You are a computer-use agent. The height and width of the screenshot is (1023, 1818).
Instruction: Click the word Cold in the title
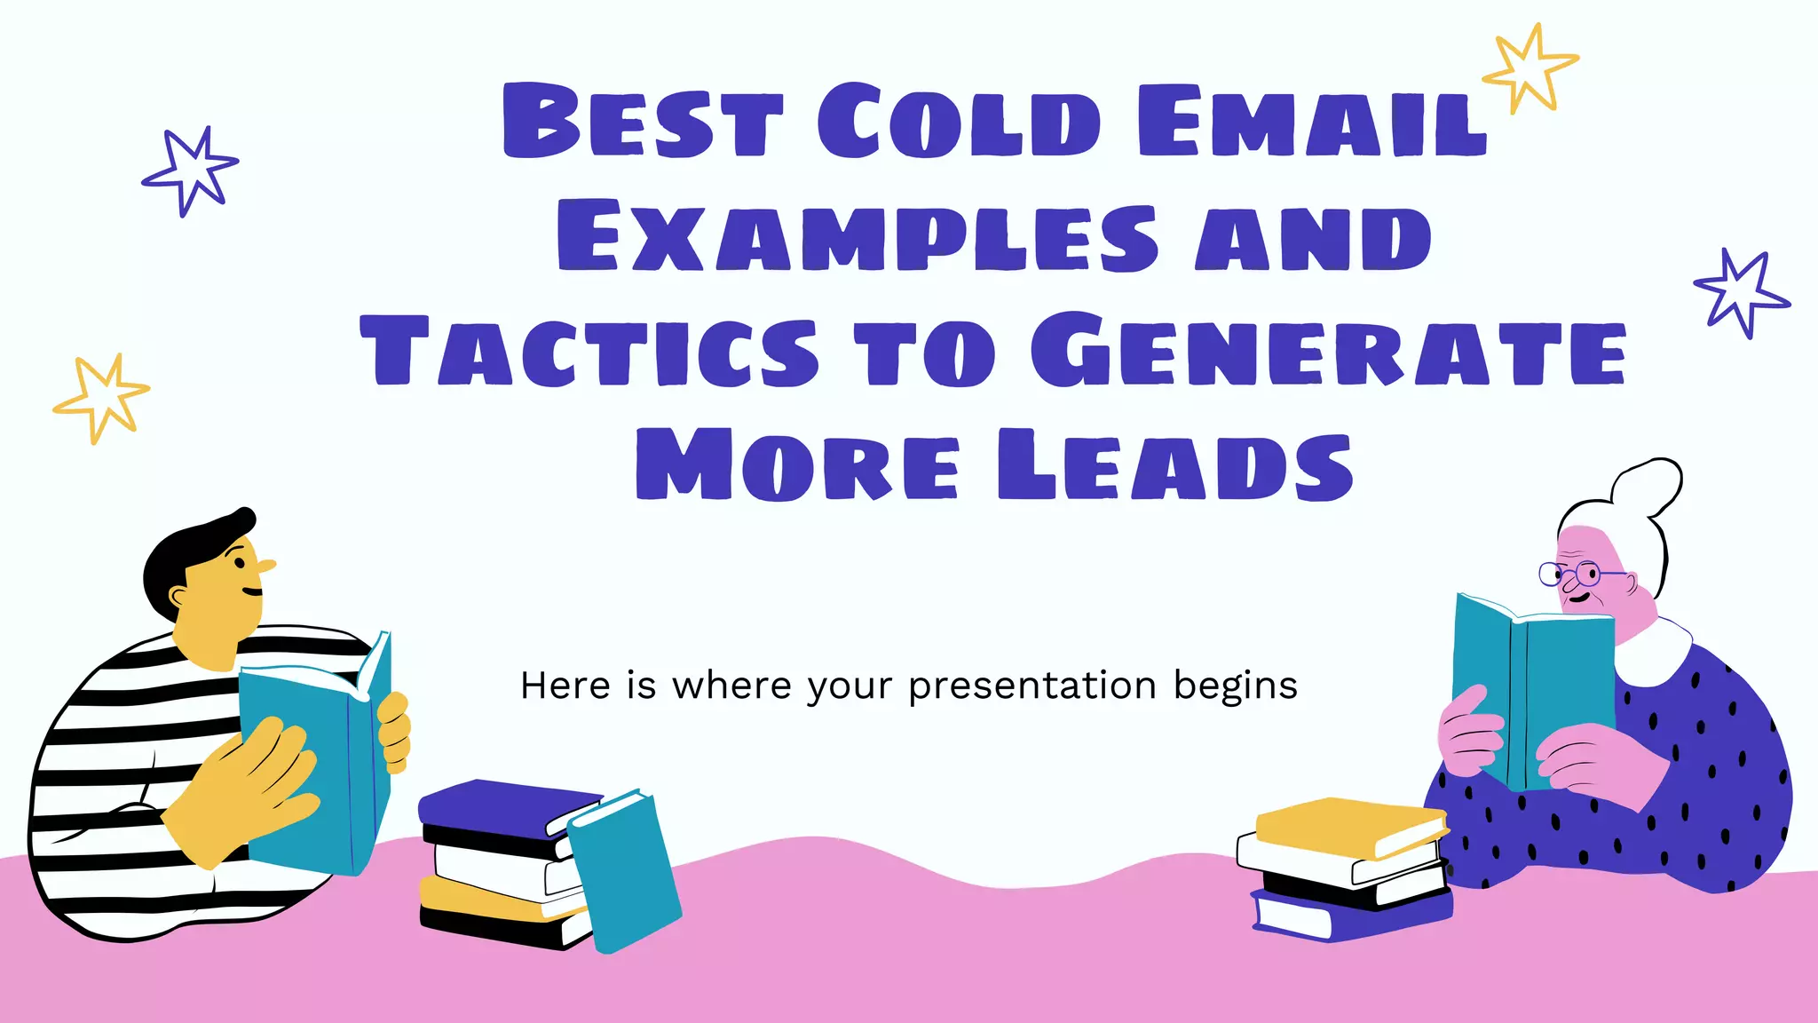(959, 122)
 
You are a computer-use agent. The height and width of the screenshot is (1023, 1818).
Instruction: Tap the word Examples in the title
(858, 237)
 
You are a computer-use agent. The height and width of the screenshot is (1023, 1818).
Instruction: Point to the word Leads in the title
(1174, 465)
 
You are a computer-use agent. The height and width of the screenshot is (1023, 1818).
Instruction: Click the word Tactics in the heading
(589, 352)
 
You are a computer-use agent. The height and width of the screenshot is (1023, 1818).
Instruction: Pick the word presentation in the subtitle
(1032, 686)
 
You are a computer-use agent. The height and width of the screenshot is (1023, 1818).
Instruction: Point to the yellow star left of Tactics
(101, 397)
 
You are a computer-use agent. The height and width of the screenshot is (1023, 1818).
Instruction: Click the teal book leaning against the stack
(623, 870)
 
